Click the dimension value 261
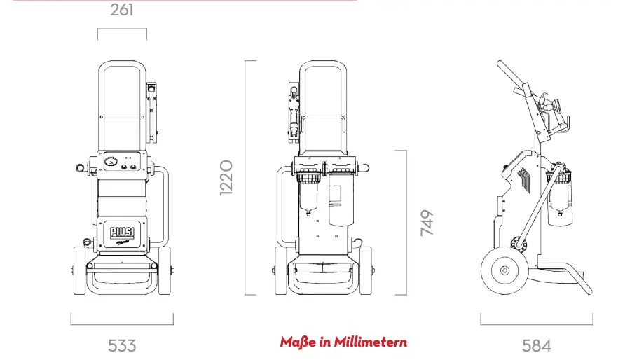point(122,11)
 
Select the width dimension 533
point(122,345)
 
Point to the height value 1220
point(226,177)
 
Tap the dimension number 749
point(427,223)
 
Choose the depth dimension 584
point(536,345)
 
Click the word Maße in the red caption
point(296,342)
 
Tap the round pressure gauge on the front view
point(109,162)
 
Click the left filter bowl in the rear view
point(308,200)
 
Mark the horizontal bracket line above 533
point(122,324)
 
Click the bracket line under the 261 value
point(122,29)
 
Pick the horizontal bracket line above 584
point(536,324)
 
